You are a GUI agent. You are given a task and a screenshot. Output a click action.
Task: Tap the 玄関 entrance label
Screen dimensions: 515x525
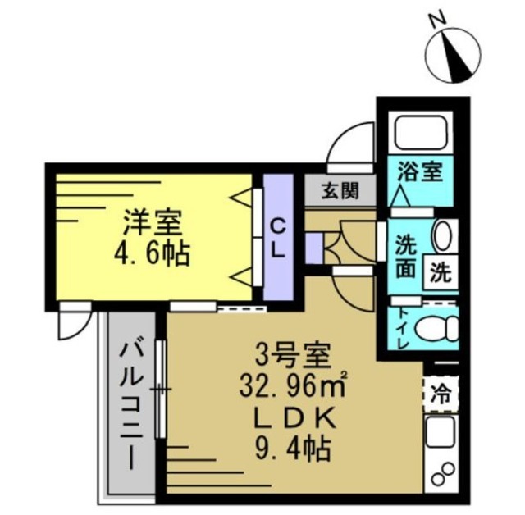click(x=339, y=191)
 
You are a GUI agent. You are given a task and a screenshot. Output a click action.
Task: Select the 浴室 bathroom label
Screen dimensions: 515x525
click(x=420, y=172)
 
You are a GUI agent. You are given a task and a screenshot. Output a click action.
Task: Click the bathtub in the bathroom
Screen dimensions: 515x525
click(x=419, y=130)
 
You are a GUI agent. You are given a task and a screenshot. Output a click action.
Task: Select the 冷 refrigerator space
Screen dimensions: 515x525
click(x=441, y=392)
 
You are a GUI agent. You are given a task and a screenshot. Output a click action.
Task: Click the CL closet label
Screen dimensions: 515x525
click(x=278, y=237)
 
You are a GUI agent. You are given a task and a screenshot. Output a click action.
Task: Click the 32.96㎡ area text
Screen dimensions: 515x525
click(x=291, y=385)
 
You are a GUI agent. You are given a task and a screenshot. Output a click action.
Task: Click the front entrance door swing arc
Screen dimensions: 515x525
click(x=349, y=139)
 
